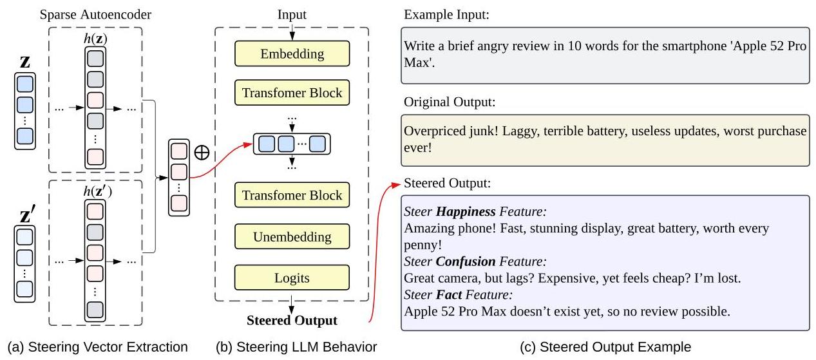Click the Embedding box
click(292, 53)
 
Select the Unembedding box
click(292, 236)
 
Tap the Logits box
click(292, 278)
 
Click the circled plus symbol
click(202, 152)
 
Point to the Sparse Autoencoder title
click(95, 15)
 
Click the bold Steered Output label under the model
click(292, 320)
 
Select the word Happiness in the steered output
click(466, 211)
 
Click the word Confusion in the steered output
click(466, 261)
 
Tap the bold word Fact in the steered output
click(449, 294)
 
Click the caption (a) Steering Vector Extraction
click(98, 347)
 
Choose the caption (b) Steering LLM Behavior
click(296, 347)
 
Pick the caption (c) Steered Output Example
click(605, 347)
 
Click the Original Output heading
click(450, 102)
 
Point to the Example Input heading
click(446, 15)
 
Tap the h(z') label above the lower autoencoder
click(98, 191)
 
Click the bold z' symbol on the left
click(28, 214)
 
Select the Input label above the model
click(292, 15)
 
